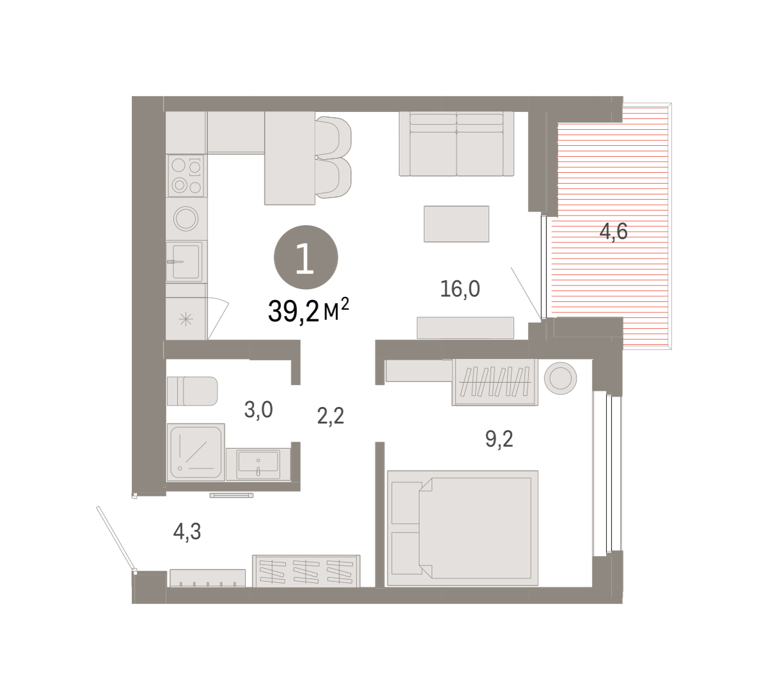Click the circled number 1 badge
click(x=306, y=257)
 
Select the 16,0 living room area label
click(x=460, y=289)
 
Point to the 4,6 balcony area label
click(x=613, y=232)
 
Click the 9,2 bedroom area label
click(x=499, y=439)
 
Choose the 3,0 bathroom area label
click(x=259, y=410)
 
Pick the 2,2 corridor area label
click(x=330, y=416)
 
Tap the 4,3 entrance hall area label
click(x=187, y=532)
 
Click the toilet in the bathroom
click(x=193, y=391)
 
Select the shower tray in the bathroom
click(x=196, y=452)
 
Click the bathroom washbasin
click(x=259, y=464)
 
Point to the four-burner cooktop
click(x=186, y=176)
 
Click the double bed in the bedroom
click(x=463, y=528)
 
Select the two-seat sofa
click(x=456, y=143)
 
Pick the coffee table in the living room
click(x=456, y=224)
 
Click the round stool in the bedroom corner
click(x=561, y=378)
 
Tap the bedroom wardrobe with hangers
click(x=495, y=382)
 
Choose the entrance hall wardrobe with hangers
click(x=307, y=571)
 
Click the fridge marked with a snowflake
click(x=186, y=319)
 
